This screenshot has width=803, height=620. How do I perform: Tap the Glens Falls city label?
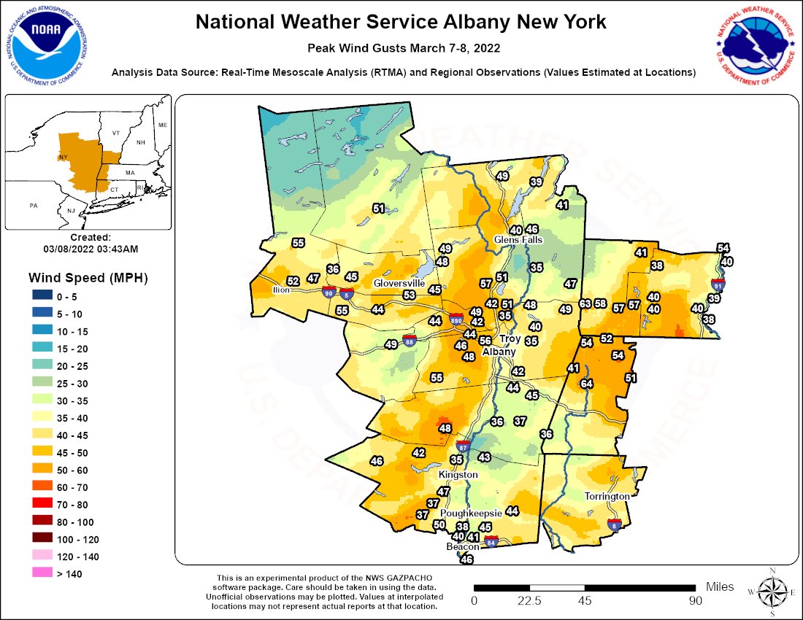point(518,239)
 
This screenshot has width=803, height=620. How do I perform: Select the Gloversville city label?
point(399,283)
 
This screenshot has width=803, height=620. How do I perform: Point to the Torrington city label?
point(607,496)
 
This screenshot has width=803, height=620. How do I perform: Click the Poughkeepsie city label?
point(469,514)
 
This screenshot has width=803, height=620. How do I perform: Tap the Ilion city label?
point(282,290)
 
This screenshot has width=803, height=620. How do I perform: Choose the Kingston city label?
point(458,474)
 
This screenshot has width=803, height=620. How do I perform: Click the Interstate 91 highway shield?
point(718,284)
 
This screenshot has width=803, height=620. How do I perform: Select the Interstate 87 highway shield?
point(463,446)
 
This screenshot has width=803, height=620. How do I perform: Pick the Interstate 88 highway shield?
point(410,341)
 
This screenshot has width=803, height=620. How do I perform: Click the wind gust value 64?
point(586,384)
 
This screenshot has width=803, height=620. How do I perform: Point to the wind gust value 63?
point(585,303)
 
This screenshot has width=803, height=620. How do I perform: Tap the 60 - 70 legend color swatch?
point(43,487)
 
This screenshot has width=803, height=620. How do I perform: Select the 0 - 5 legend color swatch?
point(43,296)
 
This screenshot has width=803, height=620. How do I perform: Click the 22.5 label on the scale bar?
point(529,601)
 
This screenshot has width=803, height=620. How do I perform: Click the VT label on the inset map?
point(115,134)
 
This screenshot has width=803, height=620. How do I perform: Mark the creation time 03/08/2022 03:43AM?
point(91,249)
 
